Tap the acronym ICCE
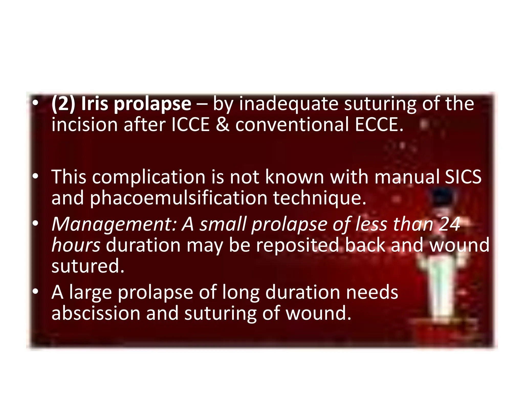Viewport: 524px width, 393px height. [x=190, y=125]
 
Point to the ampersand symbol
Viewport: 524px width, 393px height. [x=222, y=125]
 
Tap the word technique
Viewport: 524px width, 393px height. [x=320, y=198]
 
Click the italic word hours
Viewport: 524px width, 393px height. [x=76, y=245]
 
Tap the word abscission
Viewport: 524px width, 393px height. [x=96, y=313]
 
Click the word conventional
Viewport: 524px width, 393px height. [x=292, y=125]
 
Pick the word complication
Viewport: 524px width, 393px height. [x=149, y=177]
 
